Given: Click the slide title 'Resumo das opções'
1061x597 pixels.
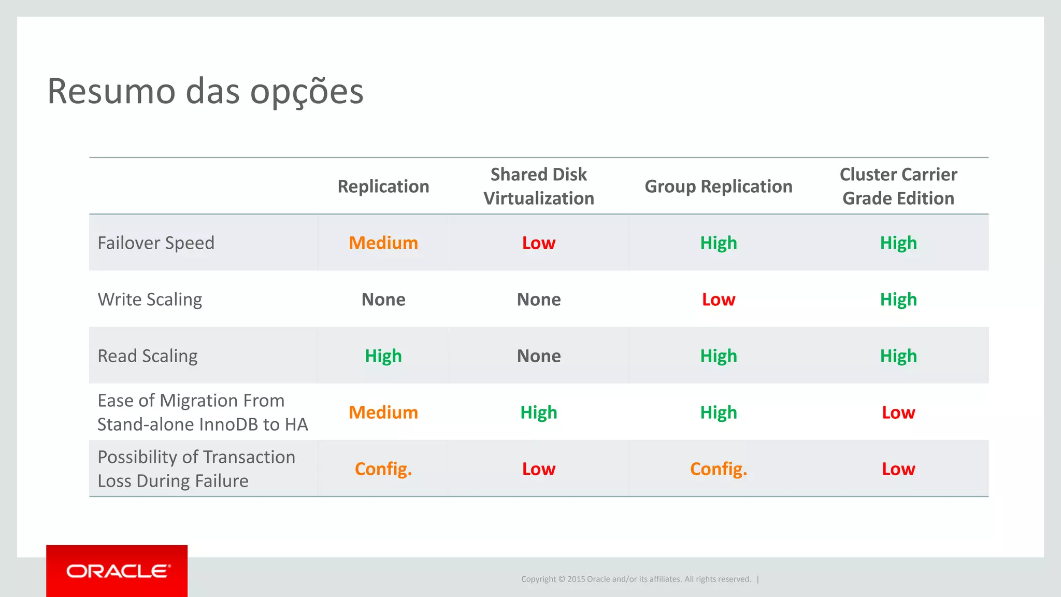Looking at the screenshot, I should coord(205,91).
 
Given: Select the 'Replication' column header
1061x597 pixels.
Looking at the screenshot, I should coord(383,187).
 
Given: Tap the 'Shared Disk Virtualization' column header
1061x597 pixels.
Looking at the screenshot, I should coord(539,187).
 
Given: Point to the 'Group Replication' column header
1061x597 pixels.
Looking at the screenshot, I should coord(719,187).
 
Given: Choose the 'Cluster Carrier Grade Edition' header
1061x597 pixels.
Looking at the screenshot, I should coord(898,187).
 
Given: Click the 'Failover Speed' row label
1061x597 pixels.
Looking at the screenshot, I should coord(156,243).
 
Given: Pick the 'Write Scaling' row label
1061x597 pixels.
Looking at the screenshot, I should coord(150,300).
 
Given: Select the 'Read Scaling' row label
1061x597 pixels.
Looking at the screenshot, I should coord(148,356).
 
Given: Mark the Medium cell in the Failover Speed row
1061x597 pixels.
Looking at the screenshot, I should coord(383,243).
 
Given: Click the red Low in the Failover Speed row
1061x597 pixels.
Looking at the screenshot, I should coord(539,243).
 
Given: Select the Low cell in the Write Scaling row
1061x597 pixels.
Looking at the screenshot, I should coord(719,300).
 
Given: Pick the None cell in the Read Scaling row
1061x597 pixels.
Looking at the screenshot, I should coord(539,356).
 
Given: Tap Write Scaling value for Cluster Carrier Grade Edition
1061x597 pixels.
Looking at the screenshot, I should coord(898,300).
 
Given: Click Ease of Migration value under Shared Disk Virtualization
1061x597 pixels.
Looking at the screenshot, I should coord(539,413).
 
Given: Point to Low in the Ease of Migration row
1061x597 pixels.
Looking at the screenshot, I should coord(898,413).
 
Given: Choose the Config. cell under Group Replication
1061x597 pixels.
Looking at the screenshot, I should coord(719,469).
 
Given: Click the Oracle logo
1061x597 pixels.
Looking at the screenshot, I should coord(117,571).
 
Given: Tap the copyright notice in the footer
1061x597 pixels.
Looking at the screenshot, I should coord(636,579).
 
